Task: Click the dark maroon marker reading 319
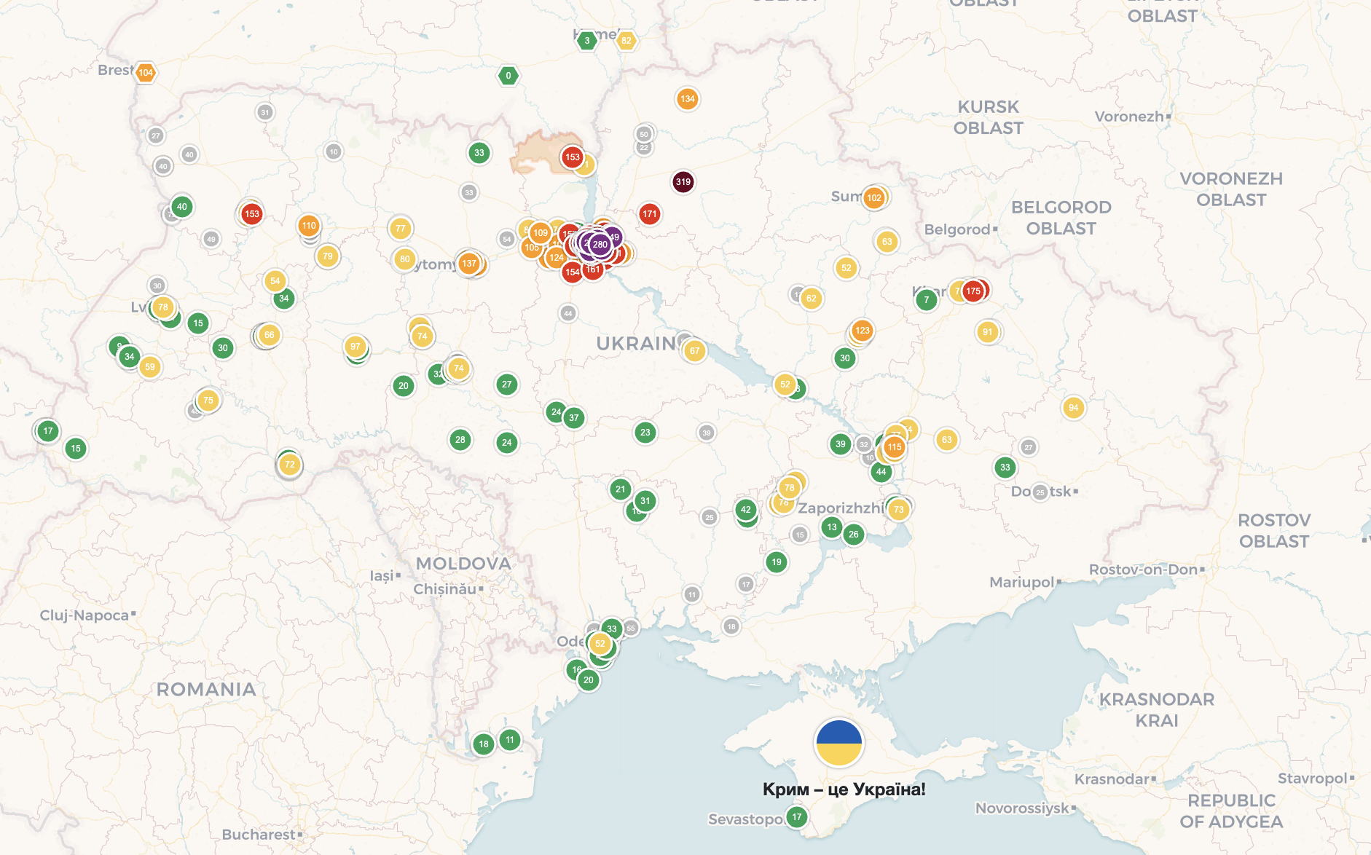click(683, 182)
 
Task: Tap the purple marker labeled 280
click(600, 245)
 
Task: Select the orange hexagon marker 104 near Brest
click(146, 72)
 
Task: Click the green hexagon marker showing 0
click(508, 76)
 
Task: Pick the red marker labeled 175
click(973, 291)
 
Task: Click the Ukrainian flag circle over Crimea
click(839, 743)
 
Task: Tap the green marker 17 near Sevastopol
click(797, 817)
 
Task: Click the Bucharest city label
click(259, 835)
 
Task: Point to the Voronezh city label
click(1129, 117)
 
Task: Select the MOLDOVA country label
click(463, 564)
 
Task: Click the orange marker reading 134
click(687, 99)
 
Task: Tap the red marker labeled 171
click(649, 214)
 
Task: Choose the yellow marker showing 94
click(1073, 408)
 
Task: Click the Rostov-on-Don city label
click(1143, 570)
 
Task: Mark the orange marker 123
click(863, 331)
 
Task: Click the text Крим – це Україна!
click(844, 789)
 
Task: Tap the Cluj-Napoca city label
click(85, 615)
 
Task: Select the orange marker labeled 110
click(309, 226)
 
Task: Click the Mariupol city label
click(1021, 582)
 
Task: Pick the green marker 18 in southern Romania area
click(484, 744)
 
